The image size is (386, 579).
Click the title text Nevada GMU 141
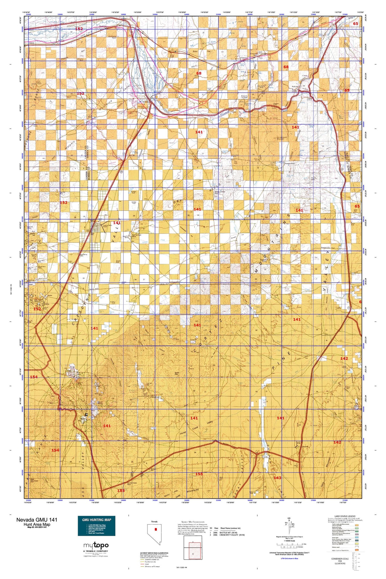click(36, 519)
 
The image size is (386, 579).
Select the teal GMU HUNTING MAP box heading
click(96, 519)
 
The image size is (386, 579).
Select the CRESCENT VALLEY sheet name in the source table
click(232, 535)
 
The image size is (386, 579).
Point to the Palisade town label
click(295, 87)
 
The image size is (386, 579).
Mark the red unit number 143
click(277, 478)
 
